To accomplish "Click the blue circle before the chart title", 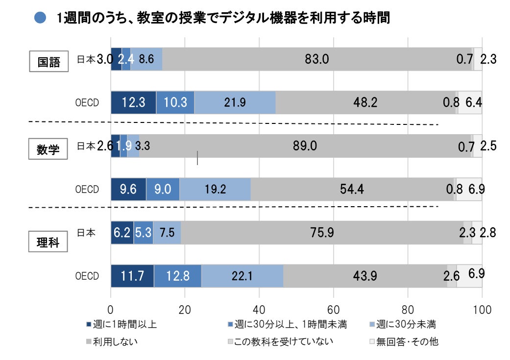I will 40,19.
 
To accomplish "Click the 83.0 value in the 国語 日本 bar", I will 316,59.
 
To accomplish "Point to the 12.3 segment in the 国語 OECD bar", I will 133,102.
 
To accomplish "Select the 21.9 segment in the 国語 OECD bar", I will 235,102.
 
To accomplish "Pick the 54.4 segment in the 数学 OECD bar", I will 352,189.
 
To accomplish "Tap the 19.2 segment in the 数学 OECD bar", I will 215,189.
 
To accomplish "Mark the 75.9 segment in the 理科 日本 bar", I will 322,233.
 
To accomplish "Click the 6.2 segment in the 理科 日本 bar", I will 122,233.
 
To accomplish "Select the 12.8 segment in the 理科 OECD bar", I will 177,276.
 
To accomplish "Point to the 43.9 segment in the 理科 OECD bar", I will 364,276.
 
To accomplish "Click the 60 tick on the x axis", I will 334,309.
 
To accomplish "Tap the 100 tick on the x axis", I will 482,309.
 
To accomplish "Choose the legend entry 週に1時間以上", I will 121,324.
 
